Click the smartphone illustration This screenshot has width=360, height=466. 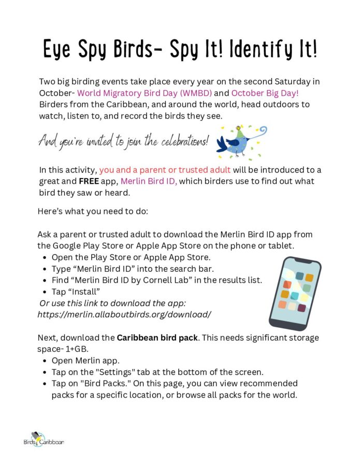pos(294,293)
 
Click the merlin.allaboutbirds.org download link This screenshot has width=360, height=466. pos(124,314)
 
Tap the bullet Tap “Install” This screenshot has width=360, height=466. pos(76,292)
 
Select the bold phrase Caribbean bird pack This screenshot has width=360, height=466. pos(157,338)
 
